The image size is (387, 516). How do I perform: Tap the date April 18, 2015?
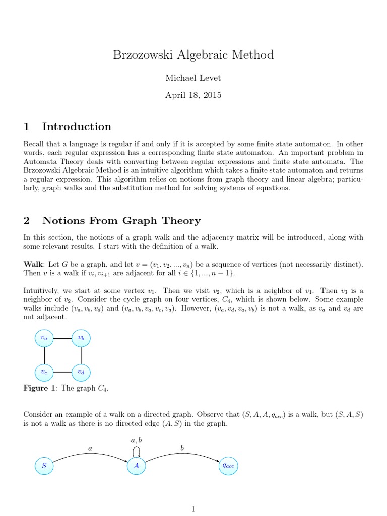click(x=193, y=95)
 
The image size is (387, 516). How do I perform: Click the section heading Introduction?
click(x=77, y=126)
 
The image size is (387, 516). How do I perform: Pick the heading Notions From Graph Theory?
click(x=121, y=220)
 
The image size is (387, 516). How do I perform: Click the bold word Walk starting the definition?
click(x=34, y=264)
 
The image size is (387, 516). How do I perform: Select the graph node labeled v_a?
click(x=45, y=338)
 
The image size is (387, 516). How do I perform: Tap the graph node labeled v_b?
click(x=81, y=338)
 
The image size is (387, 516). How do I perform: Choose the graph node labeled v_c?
click(x=45, y=372)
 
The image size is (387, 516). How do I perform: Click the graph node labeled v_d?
click(x=81, y=372)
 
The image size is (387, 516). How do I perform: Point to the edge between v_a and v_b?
click(x=63, y=338)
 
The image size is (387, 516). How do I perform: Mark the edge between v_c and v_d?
click(x=63, y=372)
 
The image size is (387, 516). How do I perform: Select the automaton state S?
click(x=44, y=466)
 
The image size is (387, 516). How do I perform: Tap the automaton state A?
click(x=137, y=466)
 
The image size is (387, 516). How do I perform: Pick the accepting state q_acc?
click(x=228, y=466)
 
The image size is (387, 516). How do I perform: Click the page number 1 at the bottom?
click(x=193, y=509)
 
